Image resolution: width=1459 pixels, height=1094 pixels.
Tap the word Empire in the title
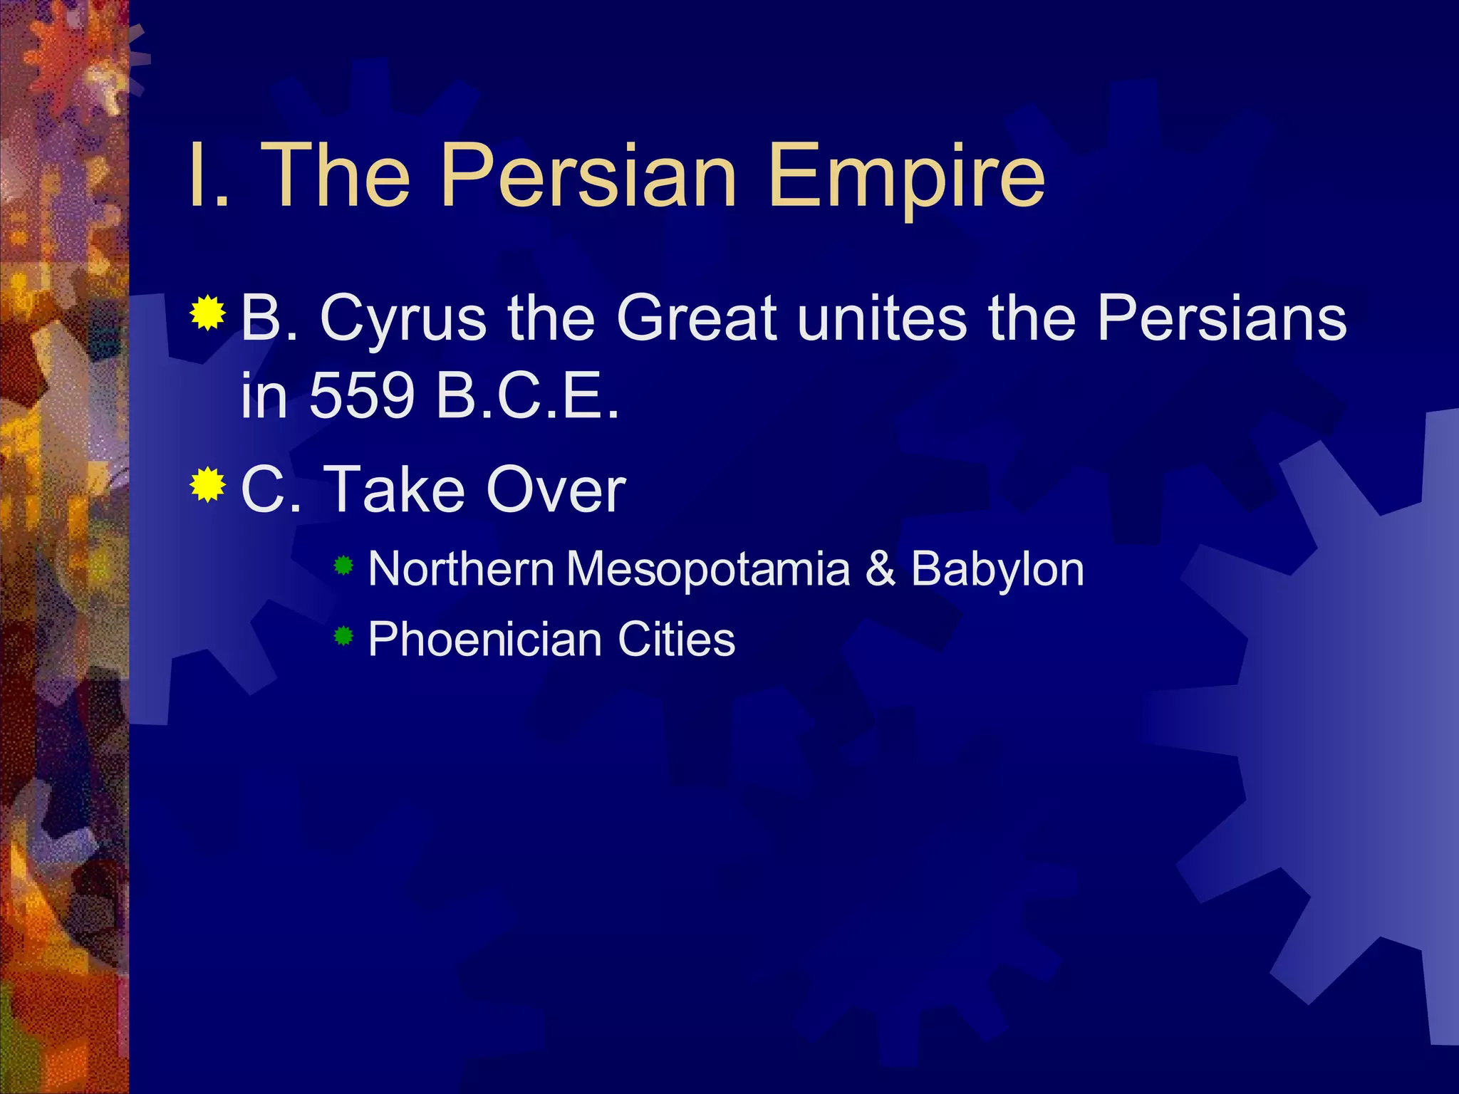click(906, 178)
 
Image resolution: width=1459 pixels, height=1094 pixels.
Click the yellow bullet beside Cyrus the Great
click(208, 313)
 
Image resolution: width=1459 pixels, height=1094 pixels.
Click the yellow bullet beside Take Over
click(208, 486)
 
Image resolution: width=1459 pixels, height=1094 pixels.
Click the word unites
click(882, 318)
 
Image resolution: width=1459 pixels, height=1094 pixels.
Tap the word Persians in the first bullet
click(1221, 318)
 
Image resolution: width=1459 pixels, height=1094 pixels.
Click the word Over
click(555, 490)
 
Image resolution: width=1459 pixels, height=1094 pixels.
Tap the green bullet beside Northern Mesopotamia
click(343, 566)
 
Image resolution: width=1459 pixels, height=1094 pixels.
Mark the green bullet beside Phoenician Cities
click(343, 635)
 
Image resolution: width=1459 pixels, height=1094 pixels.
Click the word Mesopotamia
click(708, 570)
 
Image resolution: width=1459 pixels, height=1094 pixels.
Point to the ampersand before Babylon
click(881, 570)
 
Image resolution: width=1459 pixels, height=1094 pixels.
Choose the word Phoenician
click(484, 640)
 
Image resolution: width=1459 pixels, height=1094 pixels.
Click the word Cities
click(676, 640)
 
